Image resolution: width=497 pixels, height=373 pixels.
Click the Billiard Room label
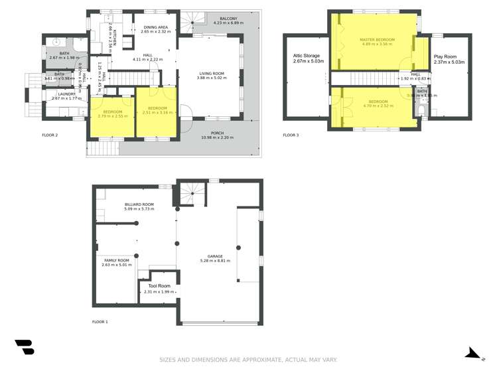point(139,204)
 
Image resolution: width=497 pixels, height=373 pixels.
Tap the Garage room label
point(214,256)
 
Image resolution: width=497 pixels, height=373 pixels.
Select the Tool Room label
point(159,286)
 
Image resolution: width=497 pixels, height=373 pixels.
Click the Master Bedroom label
point(377,40)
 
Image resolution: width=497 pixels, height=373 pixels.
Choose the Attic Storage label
point(308,56)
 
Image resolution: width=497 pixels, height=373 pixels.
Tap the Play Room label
point(449,57)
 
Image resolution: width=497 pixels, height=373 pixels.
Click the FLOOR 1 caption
point(100,322)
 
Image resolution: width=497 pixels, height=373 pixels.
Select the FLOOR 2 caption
point(50,135)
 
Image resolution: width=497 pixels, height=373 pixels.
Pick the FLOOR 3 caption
point(291,135)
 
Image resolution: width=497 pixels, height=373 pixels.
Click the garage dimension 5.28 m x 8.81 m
point(214,261)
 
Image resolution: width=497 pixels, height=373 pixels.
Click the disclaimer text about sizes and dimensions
point(248,360)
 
